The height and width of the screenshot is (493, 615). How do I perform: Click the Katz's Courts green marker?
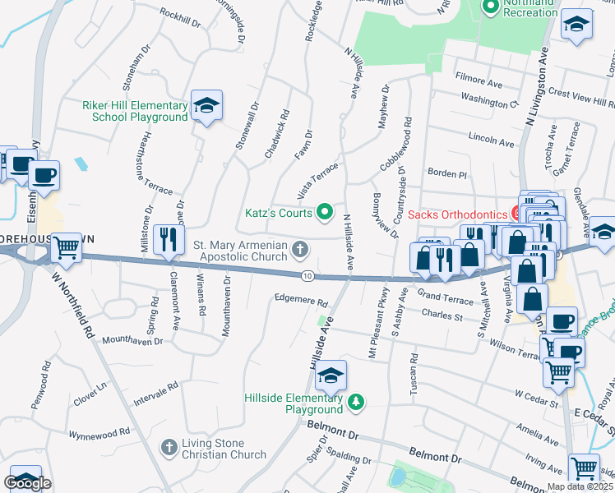pyautogui.click(x=325, y=213)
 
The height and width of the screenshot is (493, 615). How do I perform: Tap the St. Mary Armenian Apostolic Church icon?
pyautogui.click(x=302, y=248)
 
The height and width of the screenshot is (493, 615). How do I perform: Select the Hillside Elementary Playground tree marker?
pyautogui.click(x=355, y=402)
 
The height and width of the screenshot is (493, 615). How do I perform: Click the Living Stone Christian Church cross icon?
pyautogui.click(x=169, y=447)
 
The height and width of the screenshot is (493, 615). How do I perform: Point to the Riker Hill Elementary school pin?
pyautogui.click(x=206, y=106)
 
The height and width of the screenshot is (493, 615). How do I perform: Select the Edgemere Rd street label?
pyautogui.click(x=301, y=301)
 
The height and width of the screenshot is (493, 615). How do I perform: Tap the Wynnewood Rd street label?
pyautogui.click(x=99, y=431)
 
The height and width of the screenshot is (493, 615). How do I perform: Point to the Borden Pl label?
pyautogui.click(x=446, y=174)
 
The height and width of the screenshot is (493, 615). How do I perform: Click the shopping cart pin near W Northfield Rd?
pyautogui.click(x=67, y=246)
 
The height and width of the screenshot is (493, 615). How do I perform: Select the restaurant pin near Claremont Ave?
pyautogui.click(x=169, y=239)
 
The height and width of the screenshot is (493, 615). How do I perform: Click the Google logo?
pyautogui.click(x=27, y=483)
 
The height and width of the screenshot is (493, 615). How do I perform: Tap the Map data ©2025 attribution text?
pyautogui.click(x=580, y=486)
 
